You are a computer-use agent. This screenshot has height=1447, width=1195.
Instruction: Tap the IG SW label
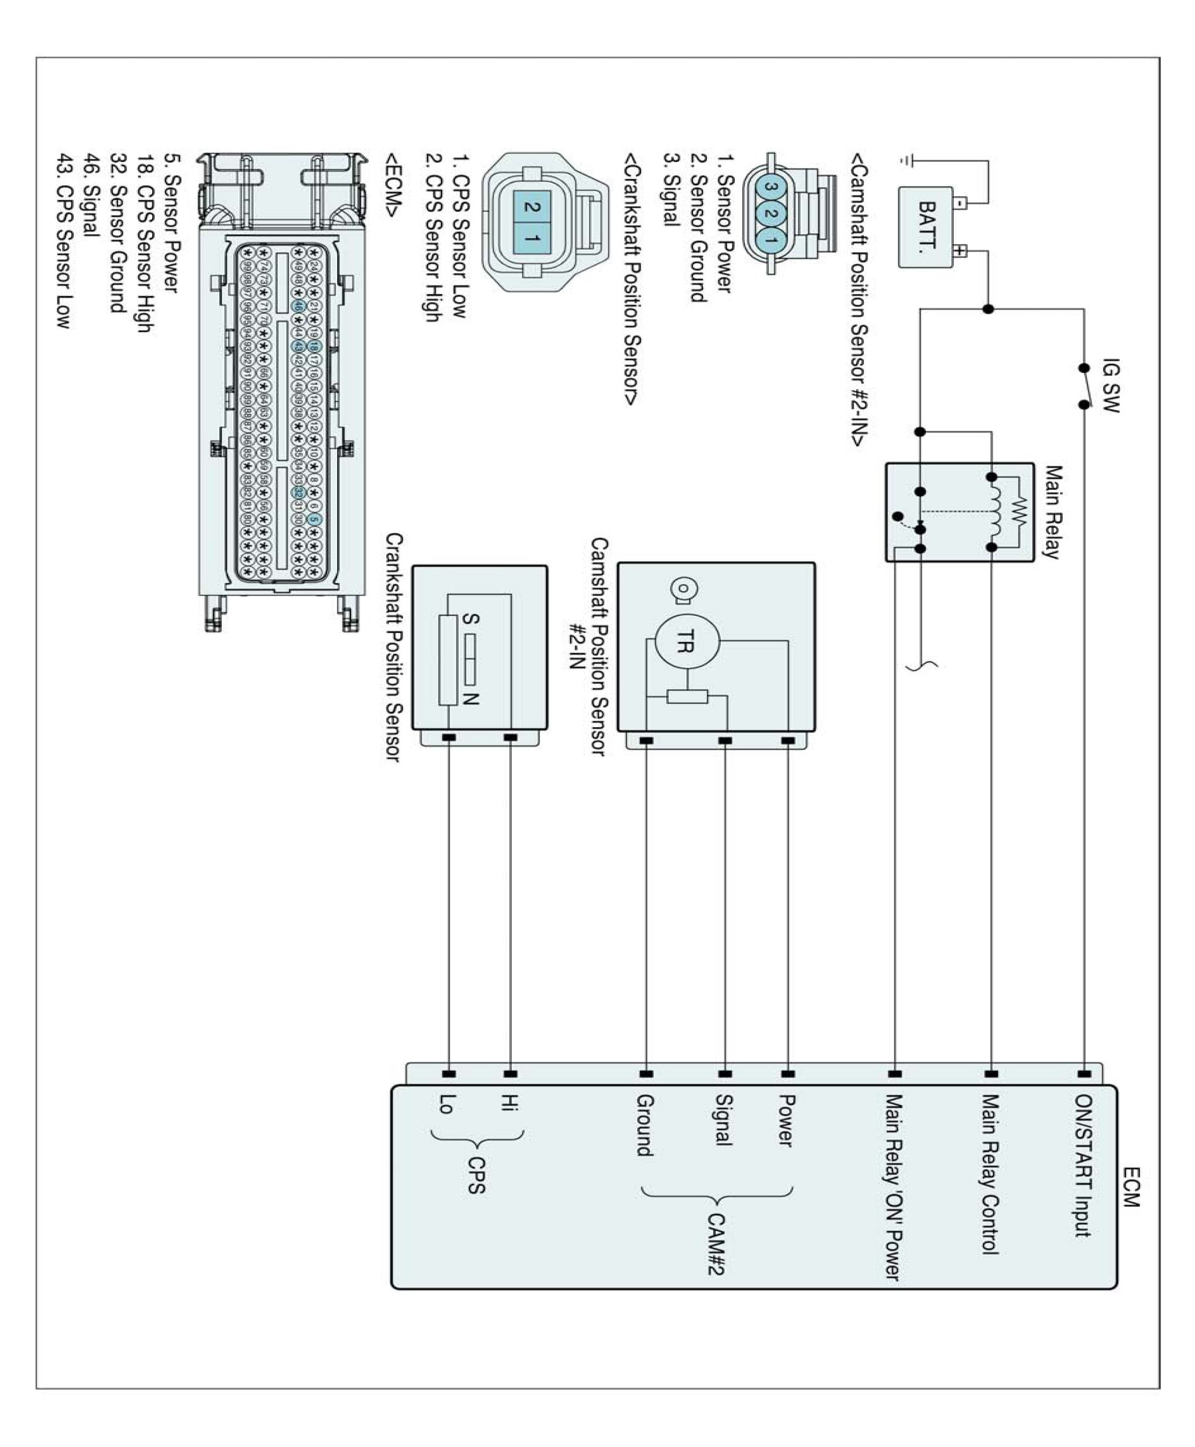pyautogui.click(x=1110, y=385)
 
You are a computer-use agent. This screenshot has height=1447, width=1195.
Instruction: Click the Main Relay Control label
pyautogui.click(x=989, y=1174)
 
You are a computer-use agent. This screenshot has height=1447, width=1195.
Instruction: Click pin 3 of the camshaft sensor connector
pyautogui.click(x=771, y=187)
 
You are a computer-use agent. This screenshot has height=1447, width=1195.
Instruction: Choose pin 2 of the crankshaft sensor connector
pyautogui.click(x=532, y=206)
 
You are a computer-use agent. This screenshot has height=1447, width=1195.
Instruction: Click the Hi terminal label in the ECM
pyautogui.click(x=510, y=1103)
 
